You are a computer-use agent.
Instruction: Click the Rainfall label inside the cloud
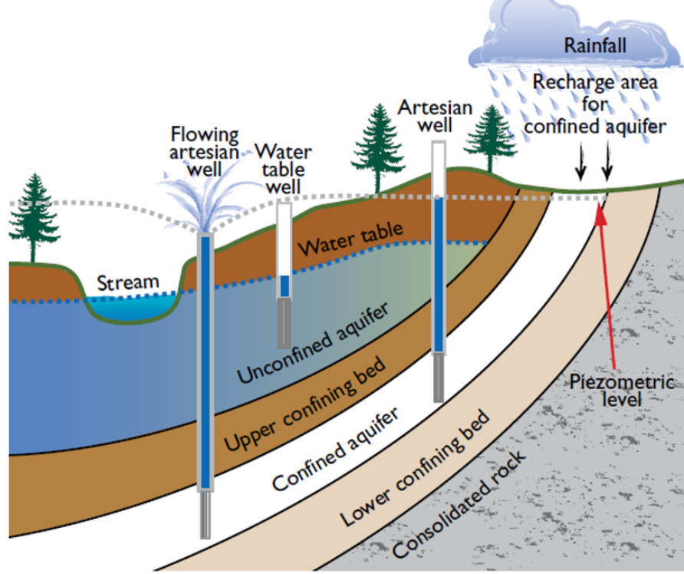[595, 45]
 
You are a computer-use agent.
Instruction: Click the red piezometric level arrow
[607, 284]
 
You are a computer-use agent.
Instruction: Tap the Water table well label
[284, 168]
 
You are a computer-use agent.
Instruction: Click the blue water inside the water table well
[284, 285]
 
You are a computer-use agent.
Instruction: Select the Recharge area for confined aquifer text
[595, 104]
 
